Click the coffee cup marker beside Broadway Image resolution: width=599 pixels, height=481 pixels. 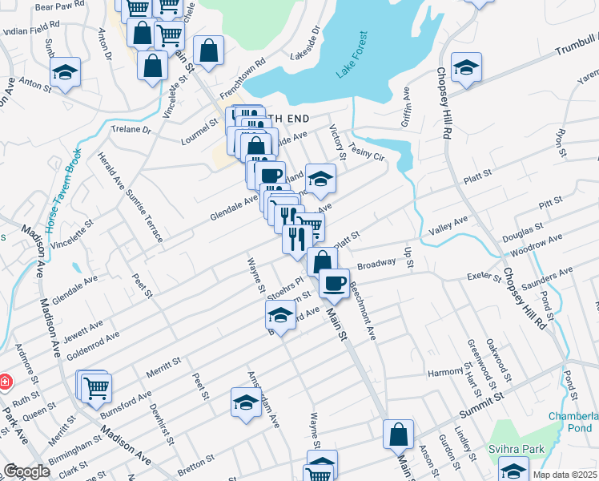click(334, 282)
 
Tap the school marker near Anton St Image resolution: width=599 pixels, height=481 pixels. click(65, 71)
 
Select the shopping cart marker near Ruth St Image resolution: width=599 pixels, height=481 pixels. click(96, 386)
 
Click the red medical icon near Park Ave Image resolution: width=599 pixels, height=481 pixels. click(5, 382)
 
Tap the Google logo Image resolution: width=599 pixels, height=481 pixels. click(26, 471)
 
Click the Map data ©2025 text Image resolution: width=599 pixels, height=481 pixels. click(564, 475)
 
